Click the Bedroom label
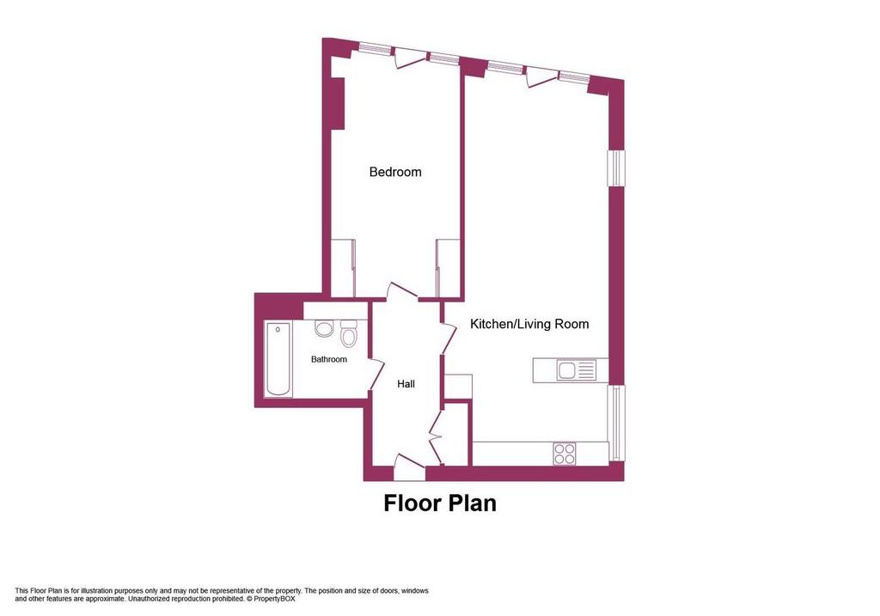tap(395, 172)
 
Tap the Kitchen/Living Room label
tap(529, 324)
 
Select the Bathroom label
tap(329, 359)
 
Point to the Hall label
tap(406, 384)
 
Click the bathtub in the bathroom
tap(278, 359)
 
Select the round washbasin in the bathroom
tap(324, 328)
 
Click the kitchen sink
tap(576, 371)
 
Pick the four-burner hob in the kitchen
tap(565, 454)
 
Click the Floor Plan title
tap(440, 503)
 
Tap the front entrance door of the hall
tap(409, 467)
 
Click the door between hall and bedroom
tap(403, 291)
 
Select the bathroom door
tap(376, 375)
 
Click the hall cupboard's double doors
tap(436, 436)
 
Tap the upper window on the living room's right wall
tap(616, 168)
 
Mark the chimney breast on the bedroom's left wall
tap(337, 103)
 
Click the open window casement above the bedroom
tap(411, 58)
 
